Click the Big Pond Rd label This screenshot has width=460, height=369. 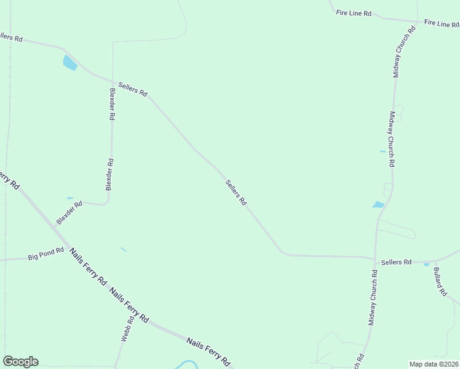pos(46,253)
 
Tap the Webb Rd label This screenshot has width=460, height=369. pos(127,329)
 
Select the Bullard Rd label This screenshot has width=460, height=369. pos(440,282)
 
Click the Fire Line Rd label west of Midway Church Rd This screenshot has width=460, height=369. pos(354,12)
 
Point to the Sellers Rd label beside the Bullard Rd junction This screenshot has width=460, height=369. pos(396,262)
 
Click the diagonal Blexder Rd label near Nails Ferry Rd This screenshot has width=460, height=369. pos(69,212)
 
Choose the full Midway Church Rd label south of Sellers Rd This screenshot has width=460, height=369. pos(373,297)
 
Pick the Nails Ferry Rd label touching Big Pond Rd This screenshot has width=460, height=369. pos(88,266)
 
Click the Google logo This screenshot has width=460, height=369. pos(20,362)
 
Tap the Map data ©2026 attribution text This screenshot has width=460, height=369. pos(434,364)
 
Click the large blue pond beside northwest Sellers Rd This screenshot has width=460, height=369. pos(69,62)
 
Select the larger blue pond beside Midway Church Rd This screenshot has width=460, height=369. pos(378,205)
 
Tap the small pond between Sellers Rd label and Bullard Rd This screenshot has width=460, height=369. pos(426,264)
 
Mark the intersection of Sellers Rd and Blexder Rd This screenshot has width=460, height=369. pos(113,81)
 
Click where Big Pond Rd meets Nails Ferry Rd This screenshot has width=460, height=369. pos(65,251)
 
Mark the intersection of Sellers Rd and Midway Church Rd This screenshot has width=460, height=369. pos(375,258)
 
